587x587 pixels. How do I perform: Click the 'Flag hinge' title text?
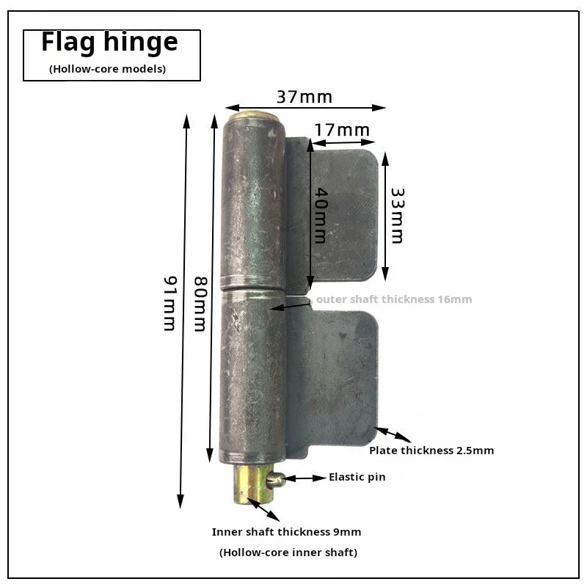(109, 43)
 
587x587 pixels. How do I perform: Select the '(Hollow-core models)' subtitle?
(107, 69)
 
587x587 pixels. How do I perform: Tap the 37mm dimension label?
(305, 97)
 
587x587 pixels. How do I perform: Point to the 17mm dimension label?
(342, 131)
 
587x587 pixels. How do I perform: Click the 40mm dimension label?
(321, 215)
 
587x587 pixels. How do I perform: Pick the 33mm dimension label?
(398, 215)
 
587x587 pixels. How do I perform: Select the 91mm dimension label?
(170, 303)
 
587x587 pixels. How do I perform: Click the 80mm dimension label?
(200, 304)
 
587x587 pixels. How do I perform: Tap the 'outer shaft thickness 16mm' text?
(394, 299)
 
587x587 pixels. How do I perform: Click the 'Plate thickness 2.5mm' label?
(431, 451)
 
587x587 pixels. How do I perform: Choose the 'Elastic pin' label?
(357, 477)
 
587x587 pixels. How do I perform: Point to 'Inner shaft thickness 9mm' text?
(286, 532)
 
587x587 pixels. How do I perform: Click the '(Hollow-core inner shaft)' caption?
(288, 553)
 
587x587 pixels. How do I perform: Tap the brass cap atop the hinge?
(254, 116)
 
